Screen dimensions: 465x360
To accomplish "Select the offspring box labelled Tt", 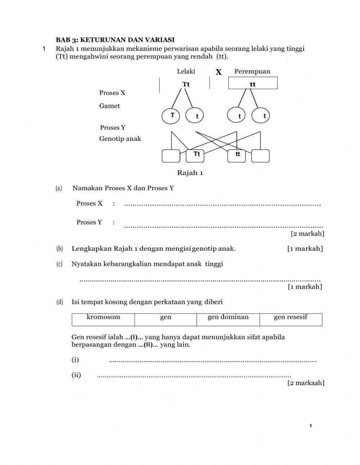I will [x=195, y=156].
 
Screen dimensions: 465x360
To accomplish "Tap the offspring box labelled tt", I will [x=237, y=156].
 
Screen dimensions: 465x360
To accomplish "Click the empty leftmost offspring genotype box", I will [x=171, y=156].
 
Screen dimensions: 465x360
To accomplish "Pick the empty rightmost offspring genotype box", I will [x=260, y=156].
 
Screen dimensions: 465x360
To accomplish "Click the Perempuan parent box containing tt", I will [x=253, y=83].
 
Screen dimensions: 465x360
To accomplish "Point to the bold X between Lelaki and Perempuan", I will [x=219, y=72].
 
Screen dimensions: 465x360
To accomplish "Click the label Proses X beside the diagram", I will [x=112, y=93].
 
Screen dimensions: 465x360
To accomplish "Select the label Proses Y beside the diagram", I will [x=113, y=128].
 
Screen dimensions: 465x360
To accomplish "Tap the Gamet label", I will [x=109, y=106].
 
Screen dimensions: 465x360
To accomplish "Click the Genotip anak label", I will [x=120, y=139].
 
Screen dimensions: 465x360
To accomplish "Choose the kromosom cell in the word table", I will [x=103, y=319].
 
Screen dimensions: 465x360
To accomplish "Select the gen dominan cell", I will [x=228, y=319].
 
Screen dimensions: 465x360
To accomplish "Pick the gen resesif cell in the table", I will [x=291, y=319].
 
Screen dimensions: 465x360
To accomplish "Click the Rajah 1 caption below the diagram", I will [x=190, y=173].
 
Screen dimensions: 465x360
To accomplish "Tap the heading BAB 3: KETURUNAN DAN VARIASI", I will [x=115, y=40].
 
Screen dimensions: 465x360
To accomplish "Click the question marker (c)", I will [x=60, y=264].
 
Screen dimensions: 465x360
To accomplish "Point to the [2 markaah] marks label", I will [x=306, y=383].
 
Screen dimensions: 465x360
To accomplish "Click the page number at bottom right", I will [x=311, y=426].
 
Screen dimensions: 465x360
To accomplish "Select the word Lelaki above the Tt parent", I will [x=186, y=71].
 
